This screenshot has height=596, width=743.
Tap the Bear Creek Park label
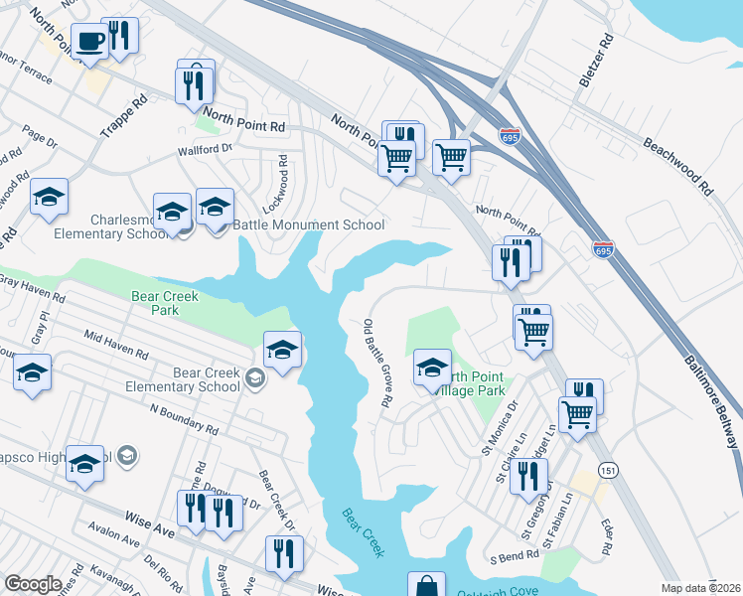pyautogui.click(x=166, y=303)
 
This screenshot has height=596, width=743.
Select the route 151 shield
pyautogui.click(x=604, y=468)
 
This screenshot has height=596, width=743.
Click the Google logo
pyautogui.click(x=33, y=584)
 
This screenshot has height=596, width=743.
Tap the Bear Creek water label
pyautogui.click(x=363, y=533)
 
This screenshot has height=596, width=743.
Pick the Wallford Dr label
pyautogui.click(x=204, y=149)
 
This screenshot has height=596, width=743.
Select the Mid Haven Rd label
pyautogui.click(x=115, y=345)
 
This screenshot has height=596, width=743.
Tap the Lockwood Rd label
pyautogui.click(x=284, y=176)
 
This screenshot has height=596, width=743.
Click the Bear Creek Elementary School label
pyautogui.click(x=207, y=379)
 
